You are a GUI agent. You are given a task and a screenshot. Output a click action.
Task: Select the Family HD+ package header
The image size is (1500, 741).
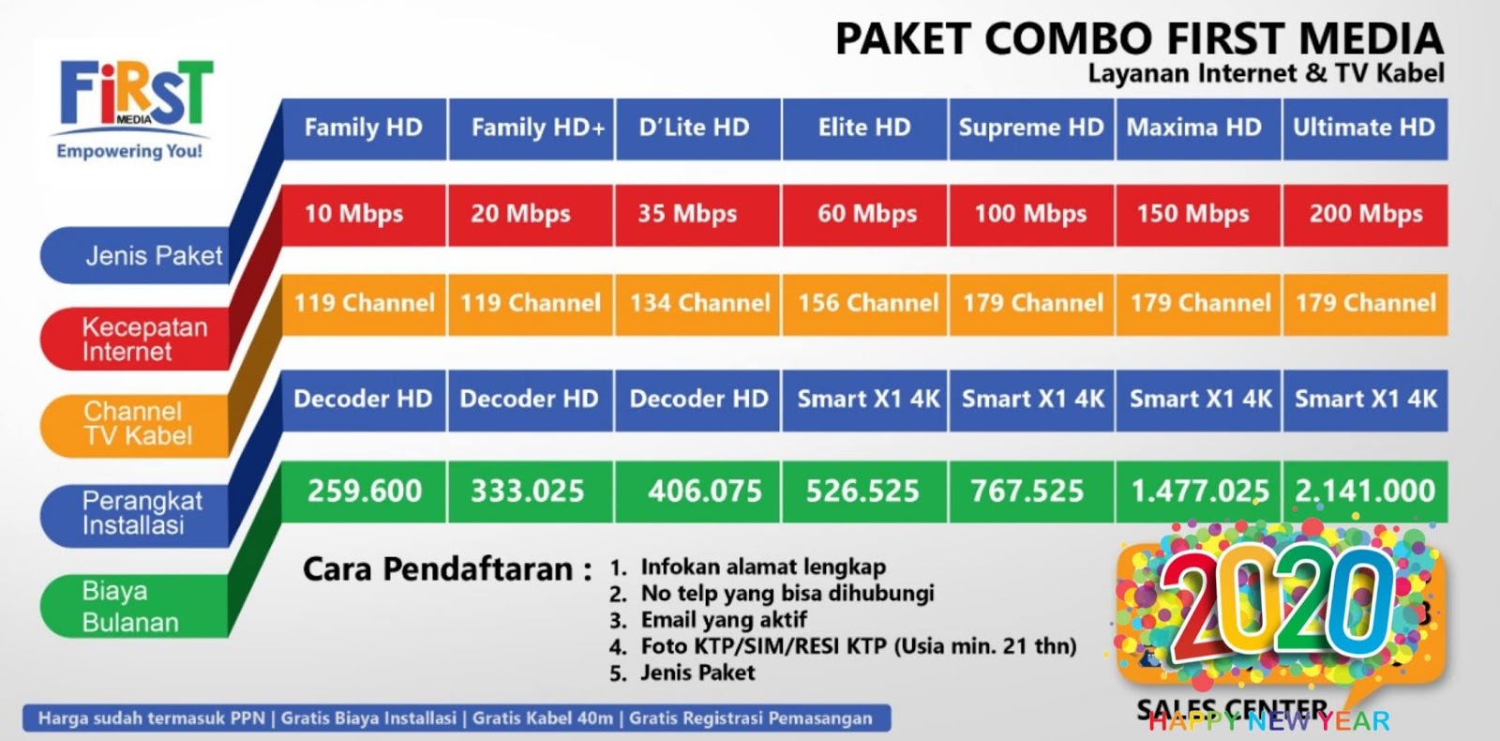click(x=532, y=129)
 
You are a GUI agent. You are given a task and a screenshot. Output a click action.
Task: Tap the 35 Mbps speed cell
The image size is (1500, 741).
click(x=697, y=215)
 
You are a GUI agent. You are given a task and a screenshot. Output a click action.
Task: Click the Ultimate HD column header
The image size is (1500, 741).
click(x=1365, y=129)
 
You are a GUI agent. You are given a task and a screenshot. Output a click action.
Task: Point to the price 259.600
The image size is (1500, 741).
click(x=364, y=491)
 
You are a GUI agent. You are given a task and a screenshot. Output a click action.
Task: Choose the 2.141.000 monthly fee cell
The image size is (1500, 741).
click(x=1365, y=491)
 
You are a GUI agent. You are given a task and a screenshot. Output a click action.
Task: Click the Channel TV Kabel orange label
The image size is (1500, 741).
click(x=136, y=423)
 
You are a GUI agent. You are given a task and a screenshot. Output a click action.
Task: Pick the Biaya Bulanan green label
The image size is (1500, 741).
click(x=131, y=607)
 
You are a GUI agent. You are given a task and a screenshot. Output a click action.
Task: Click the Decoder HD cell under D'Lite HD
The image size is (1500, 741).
click(x=697, y=400)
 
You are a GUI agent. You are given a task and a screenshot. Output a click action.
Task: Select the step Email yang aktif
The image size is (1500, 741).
click(x=723, y=620)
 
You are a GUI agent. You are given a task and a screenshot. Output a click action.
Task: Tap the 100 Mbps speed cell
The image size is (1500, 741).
click(x=1031, y=215)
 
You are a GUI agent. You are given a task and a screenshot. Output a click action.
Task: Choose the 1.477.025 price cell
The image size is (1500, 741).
click(x=1198, y=491)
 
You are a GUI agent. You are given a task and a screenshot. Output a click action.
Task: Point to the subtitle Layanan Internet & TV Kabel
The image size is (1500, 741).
click(x=1266, y=73)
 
